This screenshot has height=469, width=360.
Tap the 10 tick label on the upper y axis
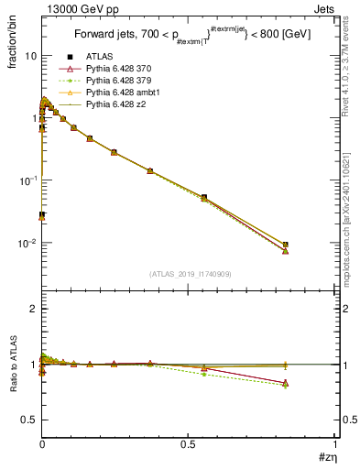click(30, 56)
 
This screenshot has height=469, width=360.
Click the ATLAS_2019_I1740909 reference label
click(190, 275)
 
